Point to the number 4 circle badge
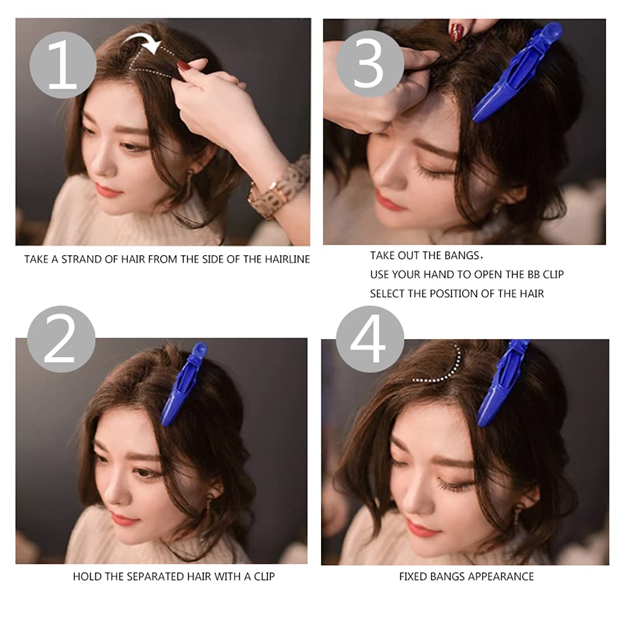coord(370,339)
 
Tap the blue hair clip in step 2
coord(184,384)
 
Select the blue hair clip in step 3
coord(516,73)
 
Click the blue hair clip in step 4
coord(502,382)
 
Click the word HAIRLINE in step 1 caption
coord(286,259)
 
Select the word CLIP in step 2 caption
coord(260,576)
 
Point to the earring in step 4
coord(518,514)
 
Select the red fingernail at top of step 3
coord(457,30)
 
